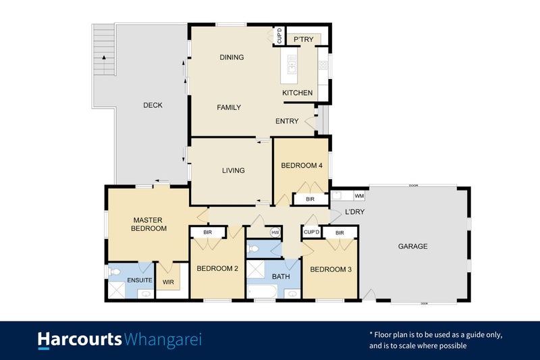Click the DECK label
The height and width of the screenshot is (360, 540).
tap(153, 105)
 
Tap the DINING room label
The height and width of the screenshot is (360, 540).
tap(232, 57)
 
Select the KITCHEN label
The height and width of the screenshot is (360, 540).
tap(297, 93)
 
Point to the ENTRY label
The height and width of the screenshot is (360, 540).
tap(287, 122)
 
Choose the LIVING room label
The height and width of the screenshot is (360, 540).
tap(233, 170)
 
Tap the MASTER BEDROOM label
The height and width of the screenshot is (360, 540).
tap(149, 224)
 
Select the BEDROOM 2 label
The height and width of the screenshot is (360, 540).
tap(217, 268)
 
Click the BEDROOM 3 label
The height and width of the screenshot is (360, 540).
tap(330, 270)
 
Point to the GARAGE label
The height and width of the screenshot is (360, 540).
tap(412, 247)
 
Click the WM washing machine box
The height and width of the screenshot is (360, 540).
tap(358, 196)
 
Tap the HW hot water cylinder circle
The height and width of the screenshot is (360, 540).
tap(275, 232)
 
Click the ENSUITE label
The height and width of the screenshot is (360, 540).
tap(139, 280)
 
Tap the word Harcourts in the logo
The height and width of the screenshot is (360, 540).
tap(80, 339)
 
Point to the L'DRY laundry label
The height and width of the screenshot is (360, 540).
tap(354, 213)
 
